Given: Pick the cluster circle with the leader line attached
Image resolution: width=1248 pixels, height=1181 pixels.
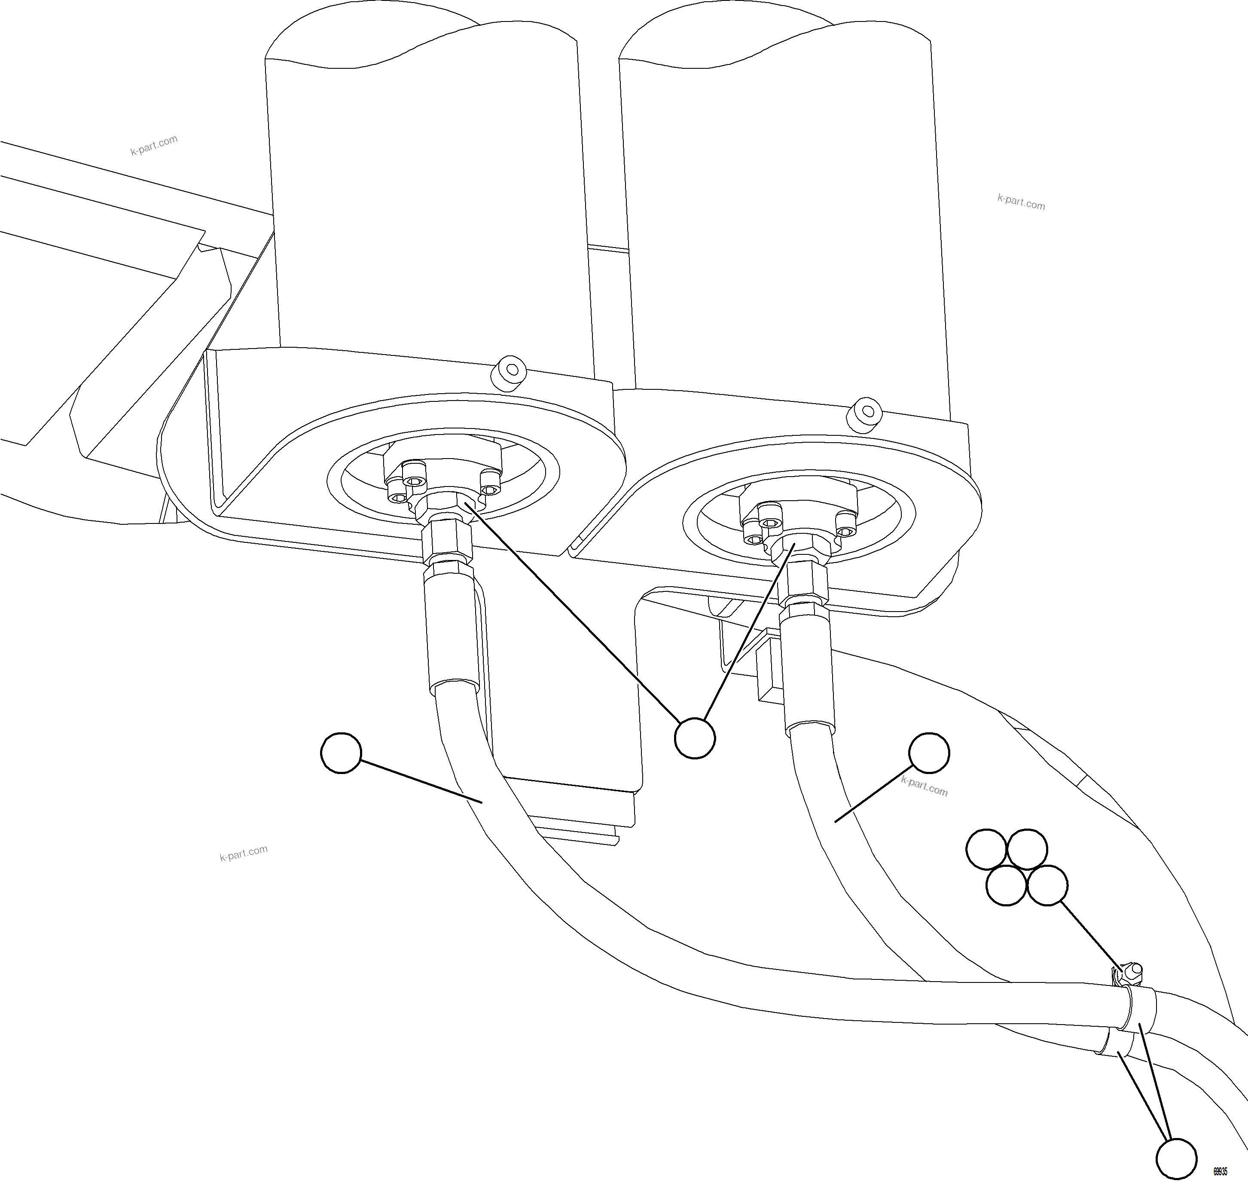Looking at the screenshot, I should coord(1047,886).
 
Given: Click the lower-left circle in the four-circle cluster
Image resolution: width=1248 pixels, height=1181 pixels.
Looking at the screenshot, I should coord(1006,886).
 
